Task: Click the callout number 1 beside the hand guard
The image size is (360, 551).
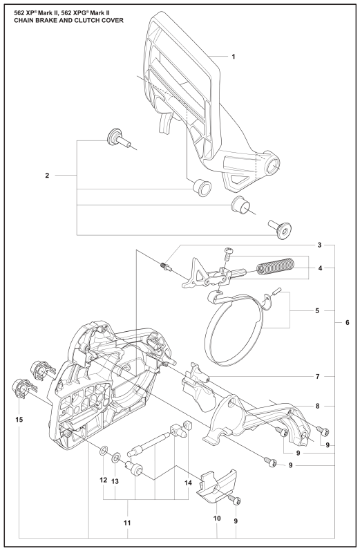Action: (234, 57)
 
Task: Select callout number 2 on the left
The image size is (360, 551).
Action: (48, 176)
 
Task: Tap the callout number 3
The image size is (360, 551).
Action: (319, 245)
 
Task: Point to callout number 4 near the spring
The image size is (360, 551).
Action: (320, 268)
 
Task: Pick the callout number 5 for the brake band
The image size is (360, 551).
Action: (317, 310)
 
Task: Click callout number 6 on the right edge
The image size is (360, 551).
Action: (348, 322)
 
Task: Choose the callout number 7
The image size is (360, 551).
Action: (317, 377)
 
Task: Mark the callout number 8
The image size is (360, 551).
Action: (317, 407)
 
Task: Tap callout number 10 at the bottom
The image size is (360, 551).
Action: (217, 519)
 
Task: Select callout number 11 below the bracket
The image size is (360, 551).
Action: (127, 523)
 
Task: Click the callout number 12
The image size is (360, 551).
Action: (103, 480)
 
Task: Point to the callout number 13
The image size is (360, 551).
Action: (115, 481)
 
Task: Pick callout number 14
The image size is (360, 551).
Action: (188, 483)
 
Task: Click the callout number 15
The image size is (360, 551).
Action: (19, 419)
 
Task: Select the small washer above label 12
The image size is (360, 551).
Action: (103, 450)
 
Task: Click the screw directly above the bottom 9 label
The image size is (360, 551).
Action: (235, 501)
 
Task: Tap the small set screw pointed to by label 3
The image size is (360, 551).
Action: (166, 266)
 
